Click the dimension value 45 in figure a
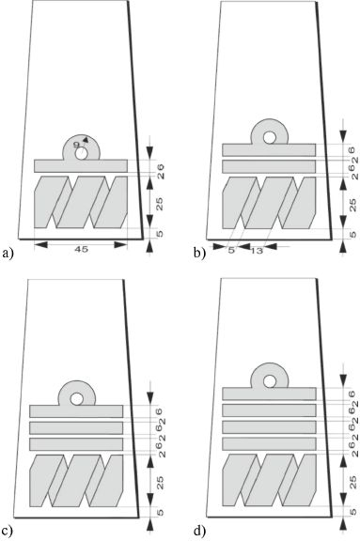pyautogui.click(x=81, y=249)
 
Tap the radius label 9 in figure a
pyautogui.click(x=77, y=145)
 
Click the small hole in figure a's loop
pyautogui.click(x=82, y=153)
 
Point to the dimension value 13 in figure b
pyautogui.click(x=257, y=251)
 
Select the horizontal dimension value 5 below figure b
pyautogui.click(x=231, y=251)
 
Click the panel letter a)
pyautogui.click(x=8, y=254)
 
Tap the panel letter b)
pyautogui.click(x=199, y=254)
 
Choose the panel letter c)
pyautogui.click(x=8, y=532)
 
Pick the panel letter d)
pyautogui.click(x=199, y=532)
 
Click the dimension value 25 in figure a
pyautogui.click(x=160, y=204)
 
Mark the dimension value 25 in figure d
pyautogui.click(x=352, y=482)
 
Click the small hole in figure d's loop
pyautogui.click(x=270, y=381)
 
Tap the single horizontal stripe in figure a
pyautogui.click(x=81, y=166)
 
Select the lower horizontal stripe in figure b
pyautogui.click(x=269, y=166)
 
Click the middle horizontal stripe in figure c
pyautogui.click(x=76, y=428)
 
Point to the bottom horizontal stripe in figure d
pyautogui.click(x=269, y=443)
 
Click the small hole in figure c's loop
pyautogui.click(x=76, y=399)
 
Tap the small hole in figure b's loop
pyautogui.click(x=269, y=137)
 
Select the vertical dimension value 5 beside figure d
pyautogui.click(x=352, y=511)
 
